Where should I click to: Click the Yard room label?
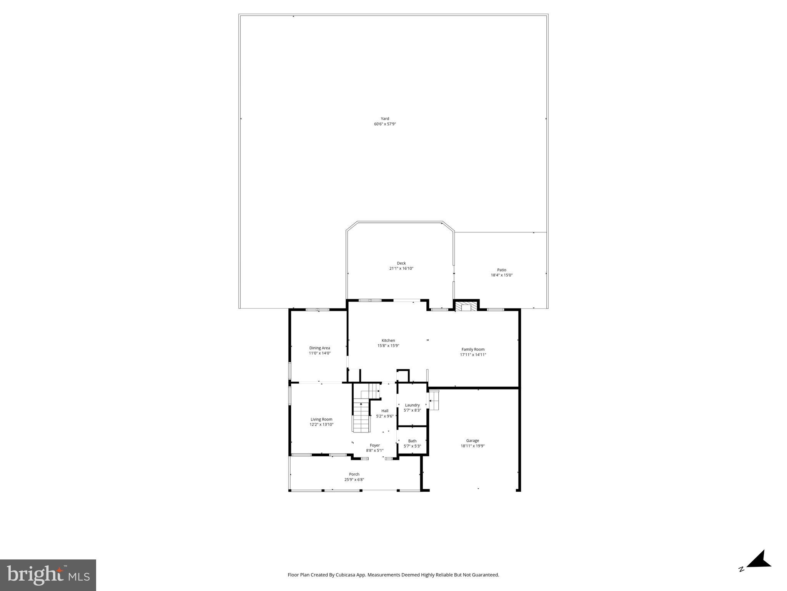385,119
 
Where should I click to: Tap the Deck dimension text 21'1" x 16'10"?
401,269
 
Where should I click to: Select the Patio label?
501,270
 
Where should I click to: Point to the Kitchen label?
388,341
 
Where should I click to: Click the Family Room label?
473,349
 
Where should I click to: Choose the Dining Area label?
319,348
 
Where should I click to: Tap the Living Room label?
321,419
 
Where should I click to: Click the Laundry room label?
412,405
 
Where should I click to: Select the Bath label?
412,441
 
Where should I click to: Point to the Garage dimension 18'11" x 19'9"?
473,446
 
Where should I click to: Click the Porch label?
354,474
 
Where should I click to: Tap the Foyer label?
374,446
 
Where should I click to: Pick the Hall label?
385,411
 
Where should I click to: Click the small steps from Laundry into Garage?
434,401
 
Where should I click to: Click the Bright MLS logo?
48,575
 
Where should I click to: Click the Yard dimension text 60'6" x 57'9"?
385,124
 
